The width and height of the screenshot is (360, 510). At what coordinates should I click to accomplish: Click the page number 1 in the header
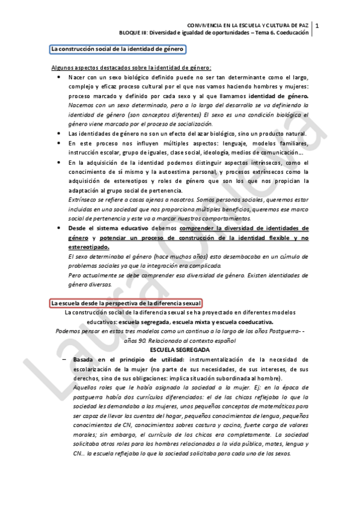tap(317, 25)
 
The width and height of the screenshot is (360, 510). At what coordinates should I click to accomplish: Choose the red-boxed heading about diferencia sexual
tap(126, 303)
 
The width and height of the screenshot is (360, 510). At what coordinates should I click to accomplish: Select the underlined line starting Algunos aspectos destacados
tap(131, 68)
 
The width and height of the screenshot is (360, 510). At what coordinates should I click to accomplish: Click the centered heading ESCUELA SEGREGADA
tap(180, 349)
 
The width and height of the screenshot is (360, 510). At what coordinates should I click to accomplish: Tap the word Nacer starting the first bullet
tap(76, 78)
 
